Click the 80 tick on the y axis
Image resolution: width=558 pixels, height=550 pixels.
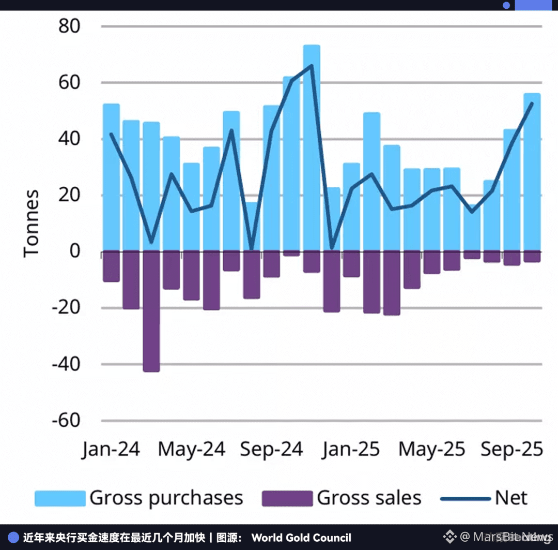click(x=69, y=26)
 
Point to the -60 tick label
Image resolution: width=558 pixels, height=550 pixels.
click(x=66, y=421)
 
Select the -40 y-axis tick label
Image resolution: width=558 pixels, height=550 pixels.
click(x=66, y=364)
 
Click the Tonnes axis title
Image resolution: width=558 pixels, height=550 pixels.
click(x=32, y=223)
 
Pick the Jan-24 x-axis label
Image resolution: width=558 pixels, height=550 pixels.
click(x=111, y=449)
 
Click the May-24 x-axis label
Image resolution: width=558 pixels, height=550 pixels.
click(x=191, y=449)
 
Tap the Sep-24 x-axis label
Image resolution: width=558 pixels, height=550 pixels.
click(x=271, y=449)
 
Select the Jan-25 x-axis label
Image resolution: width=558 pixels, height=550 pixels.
click(x=351, y=449)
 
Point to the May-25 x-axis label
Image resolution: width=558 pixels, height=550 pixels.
click(x=431, y=449)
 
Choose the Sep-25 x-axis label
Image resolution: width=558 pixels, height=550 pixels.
click(x=512, y=449)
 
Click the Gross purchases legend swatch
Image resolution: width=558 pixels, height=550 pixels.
click(x=60, y=498)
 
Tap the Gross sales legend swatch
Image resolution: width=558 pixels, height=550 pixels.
click(x=287, y=498)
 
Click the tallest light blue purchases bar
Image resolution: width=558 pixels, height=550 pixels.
click(x=312, y=145)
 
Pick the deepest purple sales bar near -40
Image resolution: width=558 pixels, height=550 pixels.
click(x=151, y=310)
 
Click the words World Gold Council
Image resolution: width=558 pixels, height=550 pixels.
click(x=301, y=538)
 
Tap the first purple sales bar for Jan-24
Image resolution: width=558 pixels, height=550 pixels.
click(x=111, y=266)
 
